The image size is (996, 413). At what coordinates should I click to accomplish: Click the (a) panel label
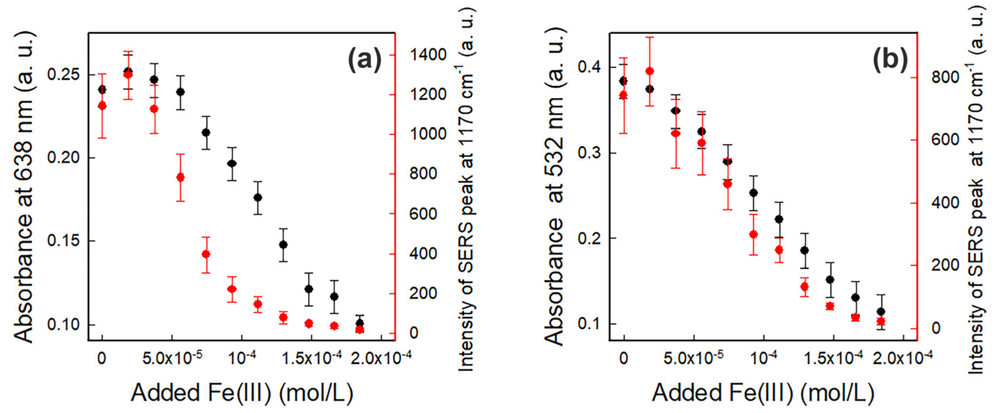coord(364,59)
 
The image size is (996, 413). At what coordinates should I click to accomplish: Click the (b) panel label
coord(890,59)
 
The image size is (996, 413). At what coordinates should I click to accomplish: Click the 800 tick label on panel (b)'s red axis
coord(945,77)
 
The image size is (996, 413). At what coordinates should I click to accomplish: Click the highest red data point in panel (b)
coord(650,71)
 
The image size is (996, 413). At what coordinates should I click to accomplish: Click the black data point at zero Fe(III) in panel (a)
coord(102,90)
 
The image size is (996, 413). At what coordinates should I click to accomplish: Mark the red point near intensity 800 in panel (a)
coord(180,177)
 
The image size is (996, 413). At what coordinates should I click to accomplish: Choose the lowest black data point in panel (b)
coord(881,311)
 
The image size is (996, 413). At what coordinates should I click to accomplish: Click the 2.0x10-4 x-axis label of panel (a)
coord(381,358)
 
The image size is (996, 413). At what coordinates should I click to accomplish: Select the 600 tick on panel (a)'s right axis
coord(423,214)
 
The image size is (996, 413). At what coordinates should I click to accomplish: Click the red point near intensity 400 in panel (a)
coord(206,254)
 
